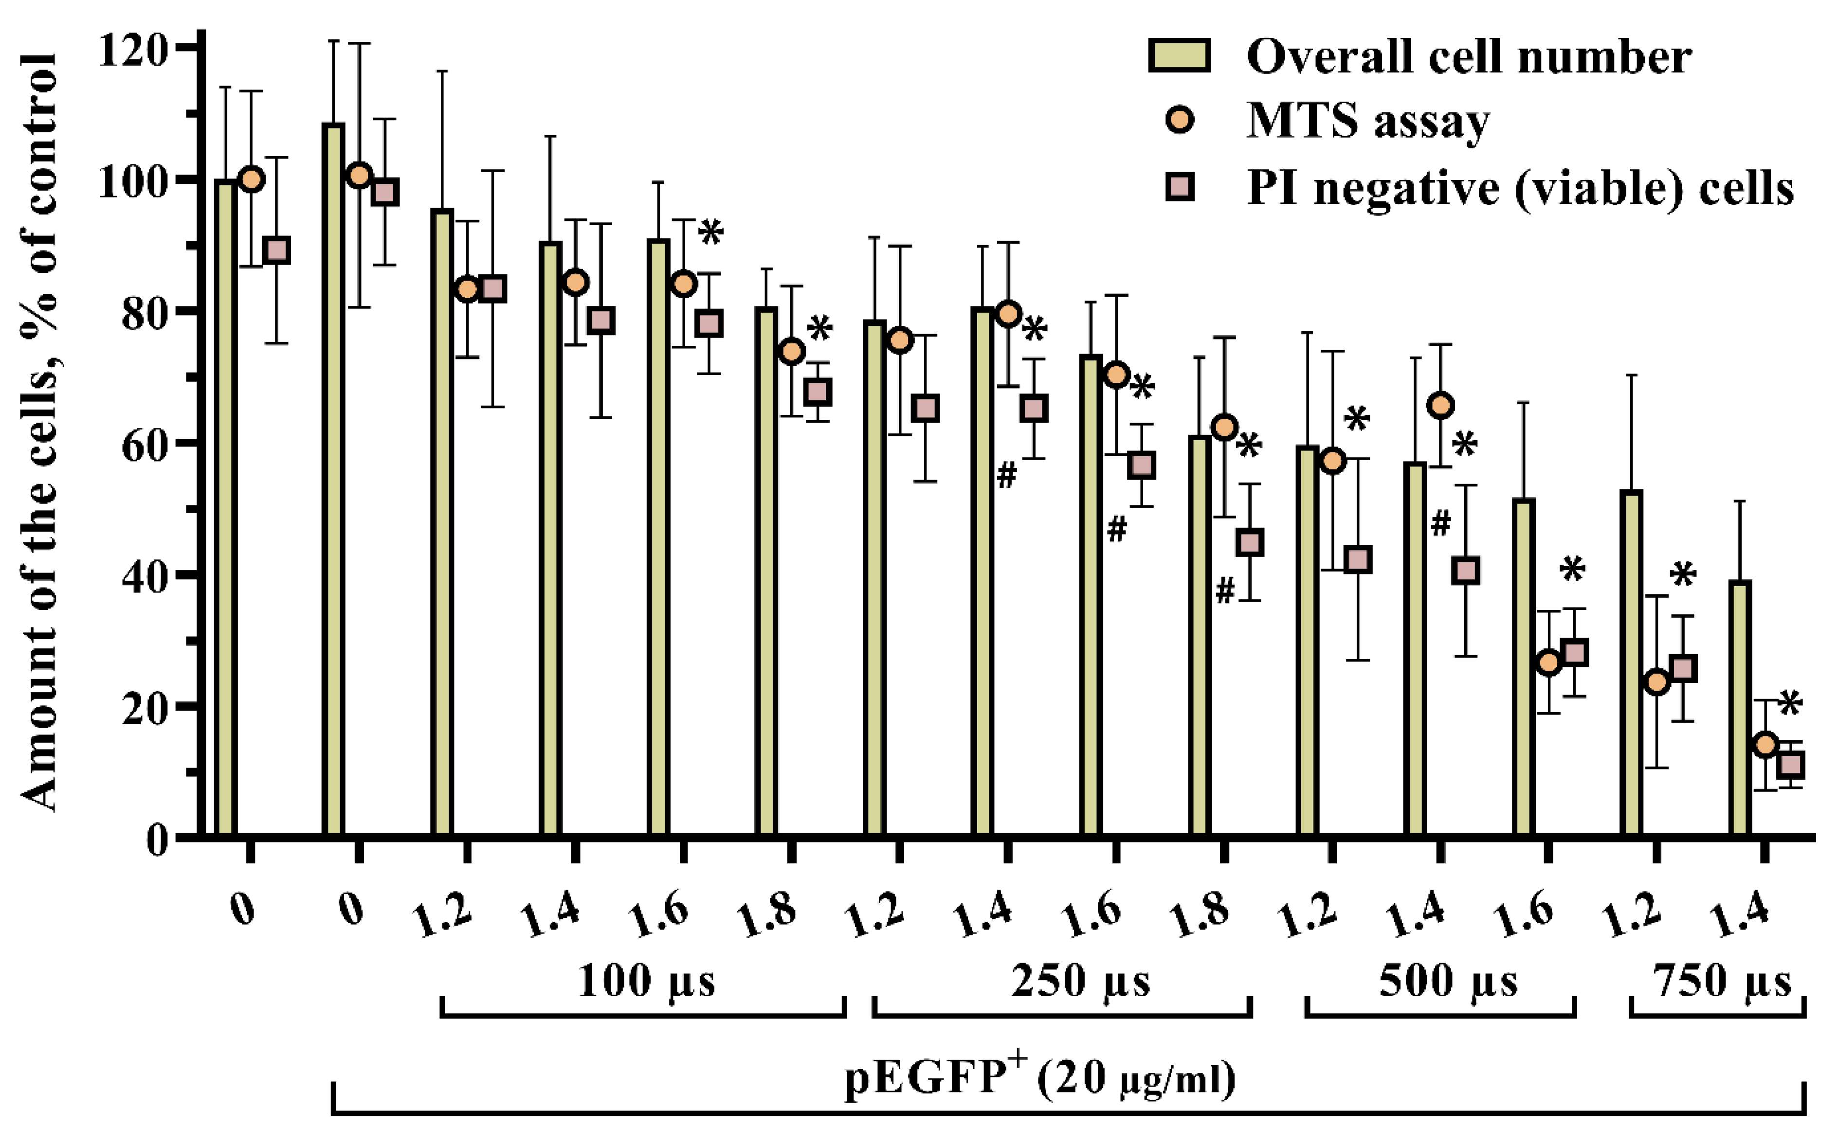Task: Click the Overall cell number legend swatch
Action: pos(1179,56)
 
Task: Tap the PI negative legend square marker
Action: pos(1180,186)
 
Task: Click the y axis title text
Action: pos(39,432)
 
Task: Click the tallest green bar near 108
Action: pos(333,477)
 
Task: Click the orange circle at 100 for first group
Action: pos(252,179)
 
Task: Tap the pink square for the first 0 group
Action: pos(277,250)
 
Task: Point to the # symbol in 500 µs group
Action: pos(1440,524)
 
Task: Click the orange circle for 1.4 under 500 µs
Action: pos(1441,406)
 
